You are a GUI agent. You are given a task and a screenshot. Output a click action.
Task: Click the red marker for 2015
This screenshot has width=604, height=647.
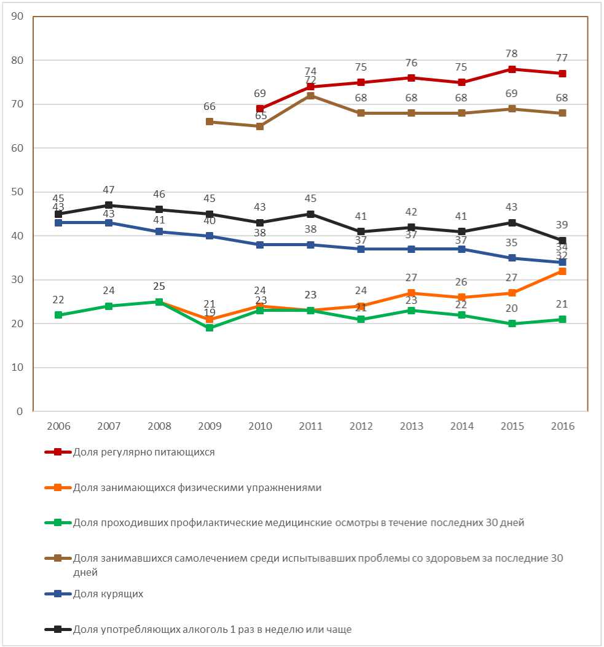512,69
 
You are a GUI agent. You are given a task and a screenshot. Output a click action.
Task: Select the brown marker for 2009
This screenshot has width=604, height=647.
210,122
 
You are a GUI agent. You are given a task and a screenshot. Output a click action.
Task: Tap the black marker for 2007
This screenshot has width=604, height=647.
109,205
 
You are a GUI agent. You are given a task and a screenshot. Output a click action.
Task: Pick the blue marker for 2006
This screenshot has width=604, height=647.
58,223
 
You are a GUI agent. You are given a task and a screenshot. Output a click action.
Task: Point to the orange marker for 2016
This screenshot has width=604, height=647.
562,271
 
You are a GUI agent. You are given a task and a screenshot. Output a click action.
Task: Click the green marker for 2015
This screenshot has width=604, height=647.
512,323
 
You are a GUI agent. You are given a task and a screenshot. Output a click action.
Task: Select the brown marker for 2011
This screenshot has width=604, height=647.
310,96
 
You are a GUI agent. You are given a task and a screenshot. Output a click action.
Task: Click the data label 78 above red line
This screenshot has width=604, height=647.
512,53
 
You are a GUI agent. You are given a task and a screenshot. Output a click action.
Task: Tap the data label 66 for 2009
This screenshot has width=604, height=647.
210,106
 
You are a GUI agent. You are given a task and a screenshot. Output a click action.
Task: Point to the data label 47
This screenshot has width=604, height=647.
109,190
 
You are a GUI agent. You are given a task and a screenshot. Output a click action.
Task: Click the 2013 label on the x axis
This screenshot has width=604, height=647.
411,426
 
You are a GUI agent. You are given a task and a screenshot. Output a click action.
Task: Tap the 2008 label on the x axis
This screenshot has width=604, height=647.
159,426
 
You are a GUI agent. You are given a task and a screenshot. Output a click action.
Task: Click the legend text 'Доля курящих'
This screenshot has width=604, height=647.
108,594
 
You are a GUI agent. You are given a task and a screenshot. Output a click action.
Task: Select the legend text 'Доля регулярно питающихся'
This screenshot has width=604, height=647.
144,452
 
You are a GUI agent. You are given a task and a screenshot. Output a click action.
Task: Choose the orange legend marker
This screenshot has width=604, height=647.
58,488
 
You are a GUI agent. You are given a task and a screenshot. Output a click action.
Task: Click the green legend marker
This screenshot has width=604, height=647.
58,523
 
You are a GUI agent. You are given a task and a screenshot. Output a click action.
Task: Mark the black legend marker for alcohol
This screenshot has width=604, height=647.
58,629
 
